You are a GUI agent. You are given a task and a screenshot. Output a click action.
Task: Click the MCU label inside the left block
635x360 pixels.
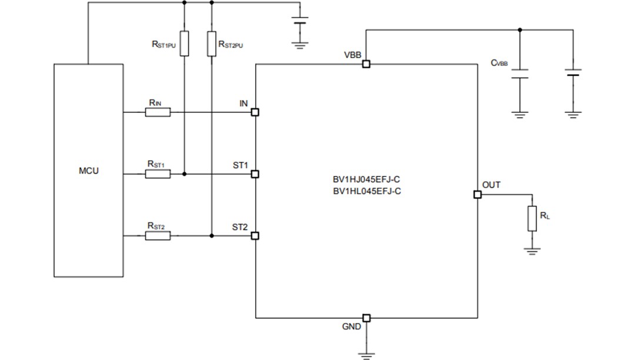click(89, 171)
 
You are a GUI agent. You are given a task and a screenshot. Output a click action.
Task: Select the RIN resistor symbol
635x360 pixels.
click(158, 112)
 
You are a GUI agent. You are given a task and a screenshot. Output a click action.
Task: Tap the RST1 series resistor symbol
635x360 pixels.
click(158, 174)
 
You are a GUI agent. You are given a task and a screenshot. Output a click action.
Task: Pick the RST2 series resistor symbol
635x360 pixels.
click(158, 236)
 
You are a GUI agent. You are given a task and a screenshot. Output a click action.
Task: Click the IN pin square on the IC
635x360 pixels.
click(255, 112)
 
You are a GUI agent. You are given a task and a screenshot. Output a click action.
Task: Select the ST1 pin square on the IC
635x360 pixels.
click(255, 174)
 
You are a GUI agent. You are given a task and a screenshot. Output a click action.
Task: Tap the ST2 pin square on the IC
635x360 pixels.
click(255, 236)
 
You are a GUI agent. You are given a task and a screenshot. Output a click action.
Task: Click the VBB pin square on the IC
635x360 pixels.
click(366, 65)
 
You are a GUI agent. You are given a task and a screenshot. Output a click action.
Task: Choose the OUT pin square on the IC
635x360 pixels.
click(477, 195)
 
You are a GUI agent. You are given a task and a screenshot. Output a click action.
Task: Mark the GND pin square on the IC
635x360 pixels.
click(366, 318)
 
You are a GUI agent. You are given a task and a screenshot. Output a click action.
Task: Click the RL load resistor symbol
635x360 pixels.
click(532, 218)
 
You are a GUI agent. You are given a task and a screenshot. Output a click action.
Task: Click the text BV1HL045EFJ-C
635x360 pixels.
click(367, 191)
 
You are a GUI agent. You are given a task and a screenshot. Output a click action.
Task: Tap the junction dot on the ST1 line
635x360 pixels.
click(184, 174)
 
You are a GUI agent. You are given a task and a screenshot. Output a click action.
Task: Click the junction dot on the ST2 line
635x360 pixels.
click(211, 236)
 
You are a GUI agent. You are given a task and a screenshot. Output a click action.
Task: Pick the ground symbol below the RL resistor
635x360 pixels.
click(532, 251)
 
